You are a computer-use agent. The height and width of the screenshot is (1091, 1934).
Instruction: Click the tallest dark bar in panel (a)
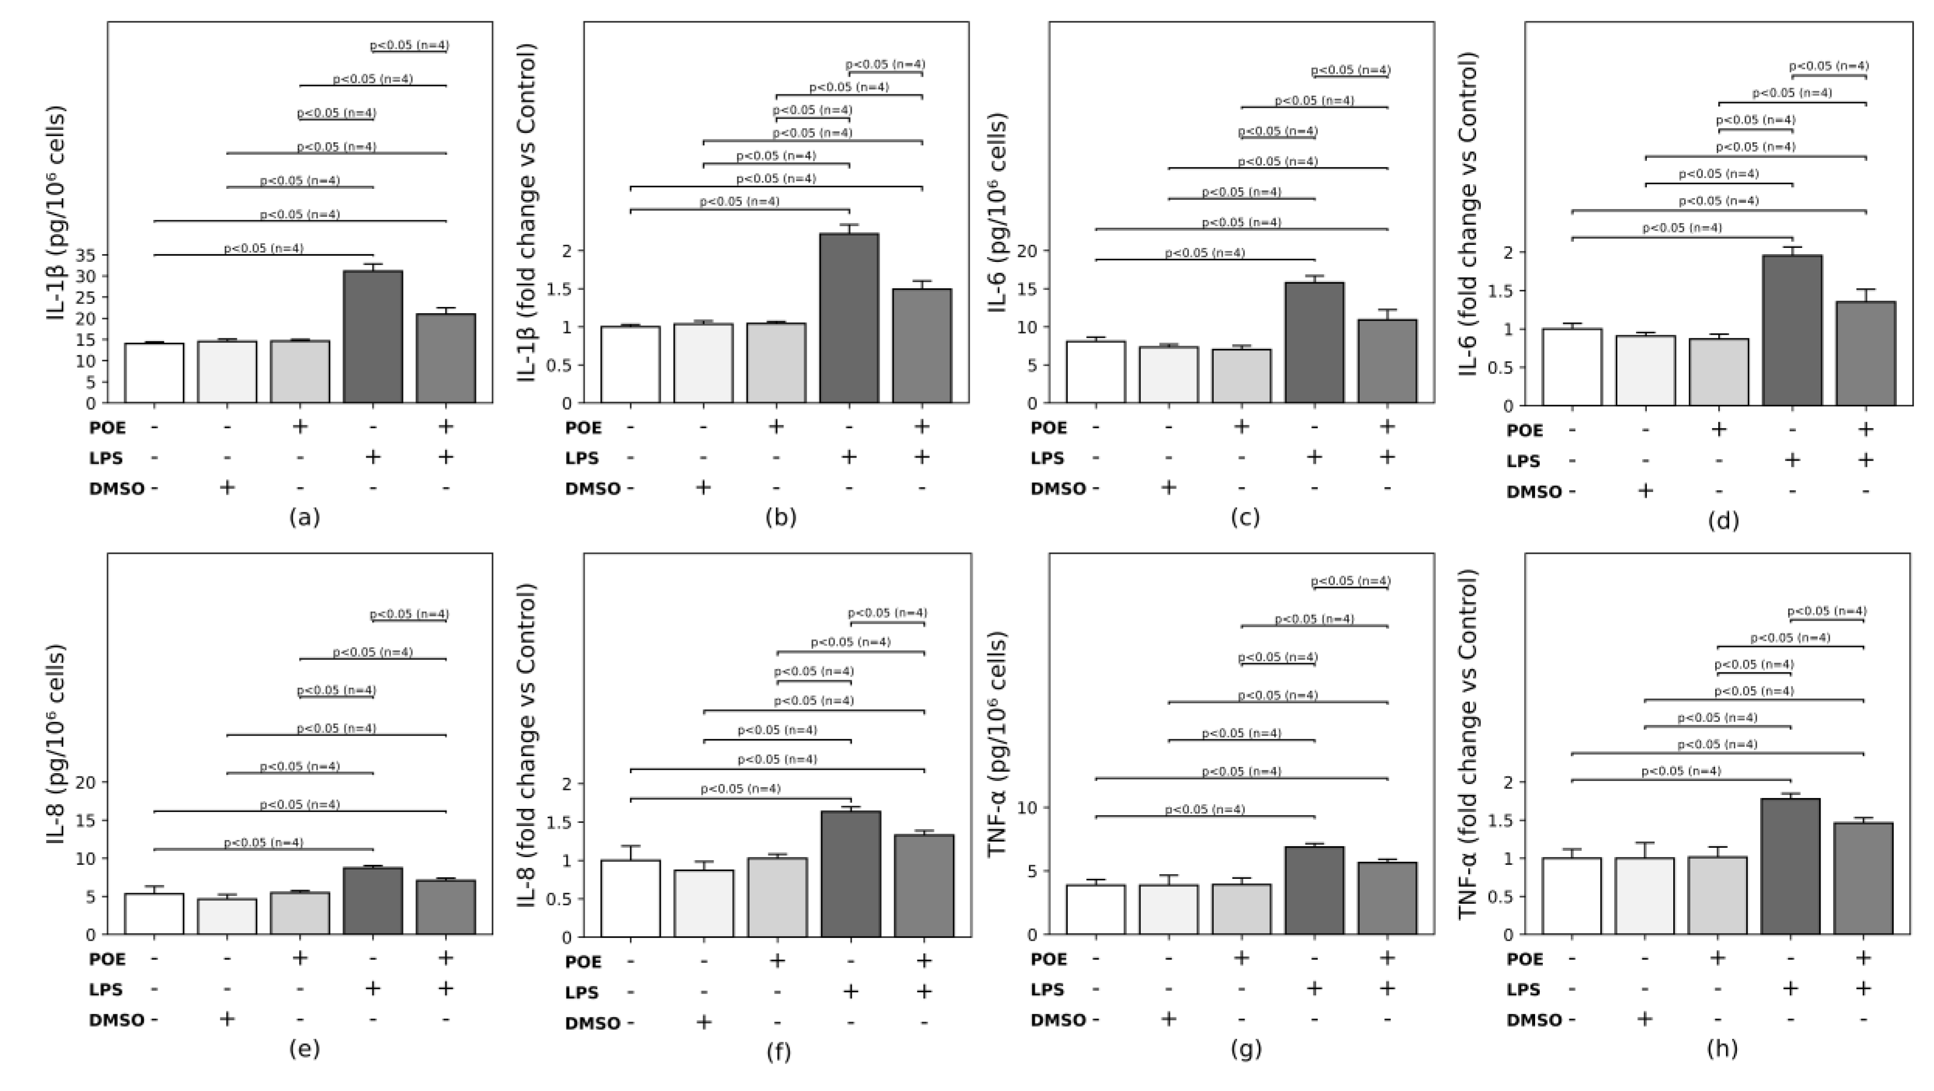(373, 336)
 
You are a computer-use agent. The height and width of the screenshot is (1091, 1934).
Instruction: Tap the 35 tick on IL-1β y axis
(85, 255)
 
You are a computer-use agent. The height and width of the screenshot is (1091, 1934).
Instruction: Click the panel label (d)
(1722, 520)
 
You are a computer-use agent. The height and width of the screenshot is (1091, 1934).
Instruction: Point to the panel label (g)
(1245, 1050)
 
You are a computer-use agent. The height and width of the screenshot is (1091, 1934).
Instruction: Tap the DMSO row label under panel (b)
(592, 489)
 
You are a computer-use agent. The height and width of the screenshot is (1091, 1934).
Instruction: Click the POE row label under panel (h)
(1525, 959)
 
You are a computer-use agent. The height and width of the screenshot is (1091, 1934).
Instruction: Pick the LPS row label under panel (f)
(582, 992)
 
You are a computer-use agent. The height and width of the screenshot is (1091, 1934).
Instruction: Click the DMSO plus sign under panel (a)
(227, 488)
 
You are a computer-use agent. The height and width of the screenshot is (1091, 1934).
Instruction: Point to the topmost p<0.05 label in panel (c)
(1351, 70)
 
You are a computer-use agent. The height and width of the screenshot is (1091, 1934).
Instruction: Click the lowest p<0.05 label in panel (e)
(263, 843)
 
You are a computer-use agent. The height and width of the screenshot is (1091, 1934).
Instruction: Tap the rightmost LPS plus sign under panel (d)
(1865, 460)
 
